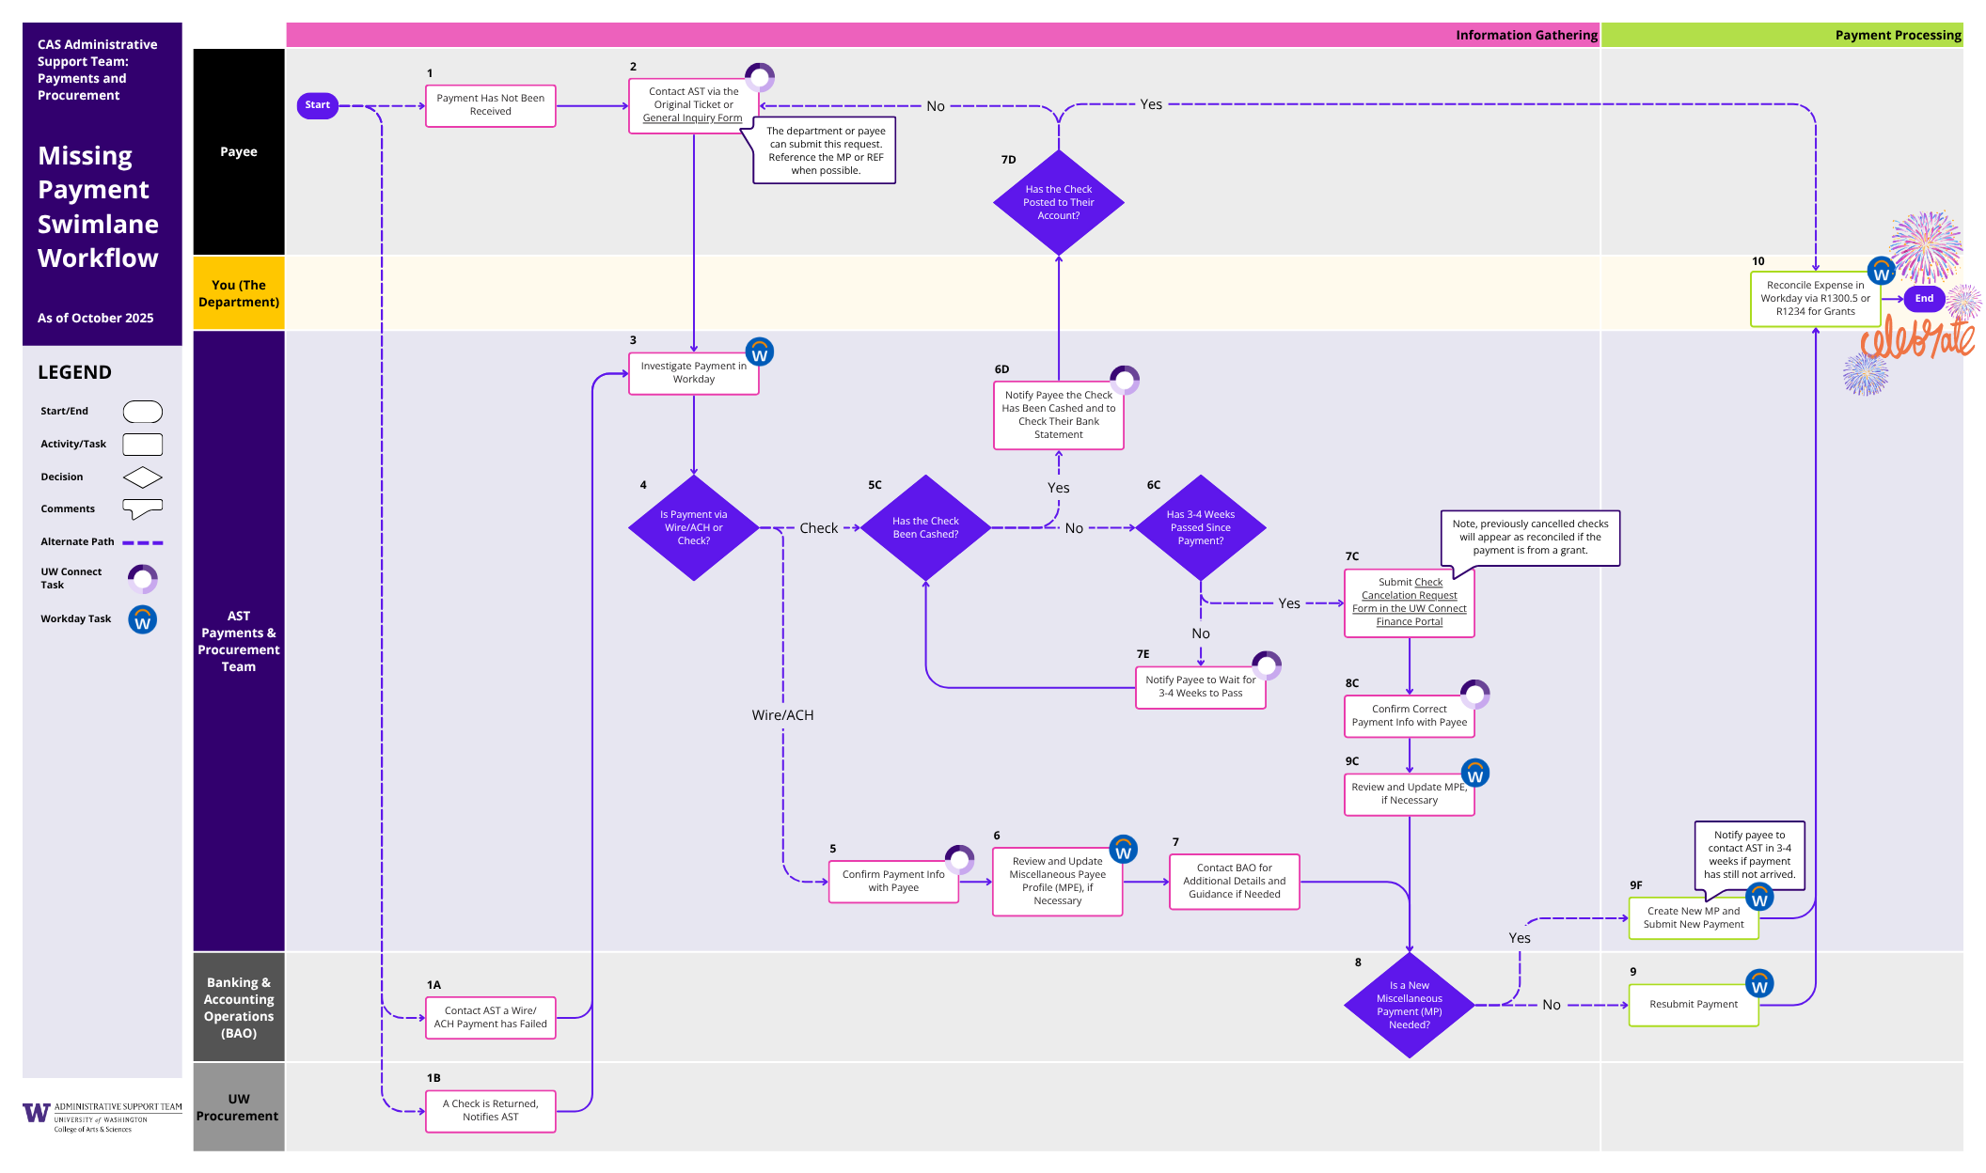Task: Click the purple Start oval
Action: click(x=317, y=105)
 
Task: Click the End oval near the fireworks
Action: click(x=1924, y=299)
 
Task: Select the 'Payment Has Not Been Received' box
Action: click(x=490, y=105)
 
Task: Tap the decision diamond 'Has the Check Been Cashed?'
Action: click(x=925, y=527)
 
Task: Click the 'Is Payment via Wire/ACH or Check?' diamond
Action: click(x=693, y=527)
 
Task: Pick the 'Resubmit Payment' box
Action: click(x=1693, y=1005)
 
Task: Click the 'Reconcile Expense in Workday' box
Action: click(x=1814, y=299)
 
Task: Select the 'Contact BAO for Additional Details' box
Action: click(x=1234, y=882)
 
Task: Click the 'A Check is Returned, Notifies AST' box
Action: click(x=490, y=1111)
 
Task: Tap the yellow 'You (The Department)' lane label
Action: click(x=239, y=293)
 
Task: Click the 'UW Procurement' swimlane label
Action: click(x=239, y=1107)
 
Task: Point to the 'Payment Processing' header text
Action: click(x=1898, y=36)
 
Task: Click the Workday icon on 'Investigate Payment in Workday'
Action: click(x=760, y=352)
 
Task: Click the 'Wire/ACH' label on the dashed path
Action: click(x=782, y=715)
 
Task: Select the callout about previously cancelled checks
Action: click(x=1530, y=538)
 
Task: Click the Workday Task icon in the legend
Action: click(x=143, y=620)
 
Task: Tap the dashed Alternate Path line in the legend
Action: click(x=143, y=543)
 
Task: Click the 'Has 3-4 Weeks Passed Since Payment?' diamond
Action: click(x=1200, y=527)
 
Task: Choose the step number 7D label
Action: click(x=1008, y=160)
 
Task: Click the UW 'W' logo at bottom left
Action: click(x=36, y=1113)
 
